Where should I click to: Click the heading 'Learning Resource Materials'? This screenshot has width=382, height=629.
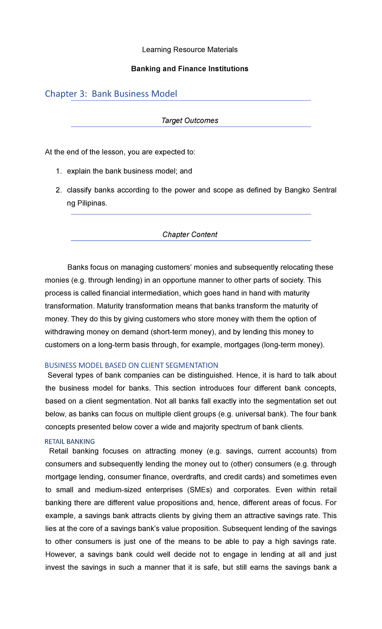point(190,50)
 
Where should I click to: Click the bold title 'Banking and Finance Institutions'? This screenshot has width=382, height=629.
point(190,69)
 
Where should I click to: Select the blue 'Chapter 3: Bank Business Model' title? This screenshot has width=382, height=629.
point(111,94)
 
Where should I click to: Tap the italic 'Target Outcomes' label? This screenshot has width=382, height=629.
point(190,121)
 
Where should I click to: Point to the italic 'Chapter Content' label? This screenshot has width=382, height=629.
point(190,235)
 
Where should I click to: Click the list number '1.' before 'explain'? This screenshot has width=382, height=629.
point(59,171)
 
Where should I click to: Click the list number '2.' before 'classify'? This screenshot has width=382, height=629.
point(59,190)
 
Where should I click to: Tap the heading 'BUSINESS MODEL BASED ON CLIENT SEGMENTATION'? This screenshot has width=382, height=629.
point(131,365)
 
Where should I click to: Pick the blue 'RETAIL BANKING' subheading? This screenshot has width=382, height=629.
point(70,442)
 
